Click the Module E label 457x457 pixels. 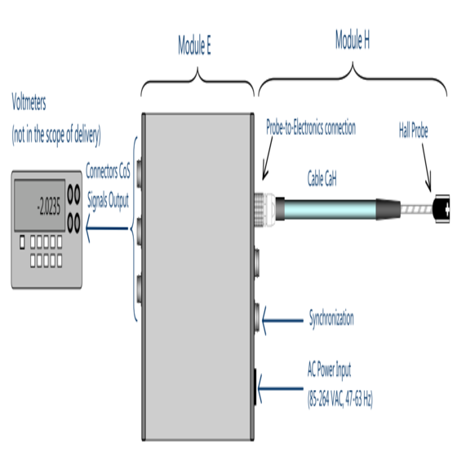click(x=194, y=45)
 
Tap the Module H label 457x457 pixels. click(x=353, y=40)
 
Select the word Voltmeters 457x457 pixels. click(x=29, y=102)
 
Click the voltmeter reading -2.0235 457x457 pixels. click(x=49, y=206)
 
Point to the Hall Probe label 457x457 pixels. click(x=413, y=131)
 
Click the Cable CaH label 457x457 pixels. click(x=322, y=179)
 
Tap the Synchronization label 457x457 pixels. click(x=331, y=318)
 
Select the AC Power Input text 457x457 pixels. click(x=330, y=370)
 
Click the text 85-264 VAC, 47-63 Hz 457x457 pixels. click(x=340, y=398)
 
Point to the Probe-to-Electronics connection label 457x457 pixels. click(x=311, y=127)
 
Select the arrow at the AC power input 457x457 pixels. click(x=281, y=388)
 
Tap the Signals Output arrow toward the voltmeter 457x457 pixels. click(x=107, y=228)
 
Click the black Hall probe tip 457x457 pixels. click(x=441, y=209)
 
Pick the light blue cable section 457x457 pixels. click(x=330, y=209)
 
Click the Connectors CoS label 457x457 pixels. click(x=108, y=171)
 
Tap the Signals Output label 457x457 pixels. click(x=108, y=201)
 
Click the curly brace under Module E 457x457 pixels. click(x=197, y=82)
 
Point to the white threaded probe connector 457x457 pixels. click(x=265, y=209)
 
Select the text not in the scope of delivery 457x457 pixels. click(x=56, y=135)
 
